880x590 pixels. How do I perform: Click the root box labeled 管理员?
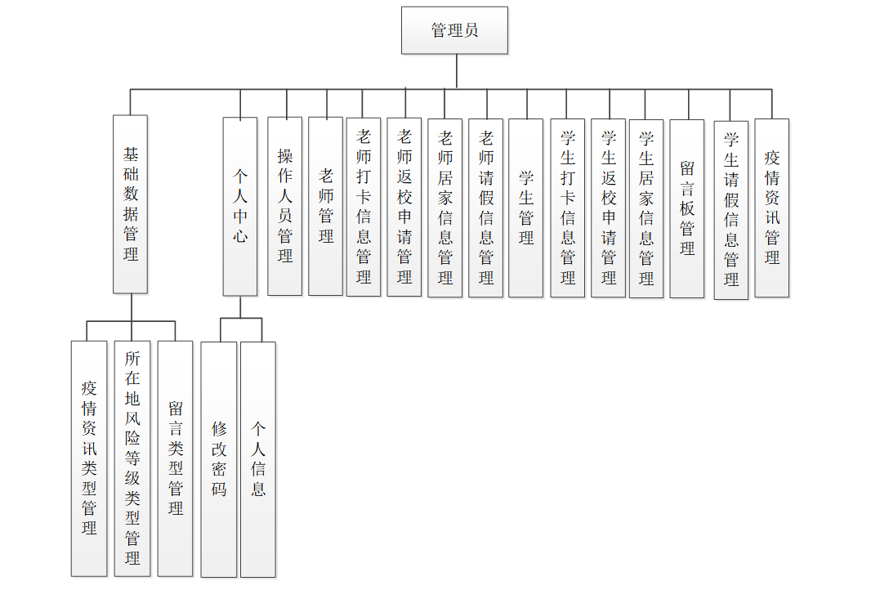point(454,31)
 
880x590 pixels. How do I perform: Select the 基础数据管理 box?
point(130,204)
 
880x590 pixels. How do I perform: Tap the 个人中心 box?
point(240,206)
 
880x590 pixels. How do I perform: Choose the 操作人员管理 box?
point(284,206)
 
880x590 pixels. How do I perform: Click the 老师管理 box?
point(325,206)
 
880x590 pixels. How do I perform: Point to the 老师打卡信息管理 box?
point(364,206)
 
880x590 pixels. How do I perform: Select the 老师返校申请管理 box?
point(404,206)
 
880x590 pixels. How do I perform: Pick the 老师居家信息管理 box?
point(444,208)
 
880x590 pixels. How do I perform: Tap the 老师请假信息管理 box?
point(485,208)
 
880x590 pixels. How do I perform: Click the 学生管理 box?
point(525,208)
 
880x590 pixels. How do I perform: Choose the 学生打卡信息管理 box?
point(567,208)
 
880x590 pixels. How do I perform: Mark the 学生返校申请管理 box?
point(608,208)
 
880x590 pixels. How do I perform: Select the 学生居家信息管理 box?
point(646,208)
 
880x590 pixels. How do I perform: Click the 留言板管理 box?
point(686,208)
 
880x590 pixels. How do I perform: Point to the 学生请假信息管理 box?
point(730,210)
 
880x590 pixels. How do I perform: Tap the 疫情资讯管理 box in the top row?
point(771,208)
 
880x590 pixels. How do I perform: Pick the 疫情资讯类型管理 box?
point(89,458)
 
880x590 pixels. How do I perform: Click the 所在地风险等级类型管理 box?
point(132,458)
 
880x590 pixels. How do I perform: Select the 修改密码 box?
point(218,459)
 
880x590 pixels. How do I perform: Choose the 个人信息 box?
point(258,459)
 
